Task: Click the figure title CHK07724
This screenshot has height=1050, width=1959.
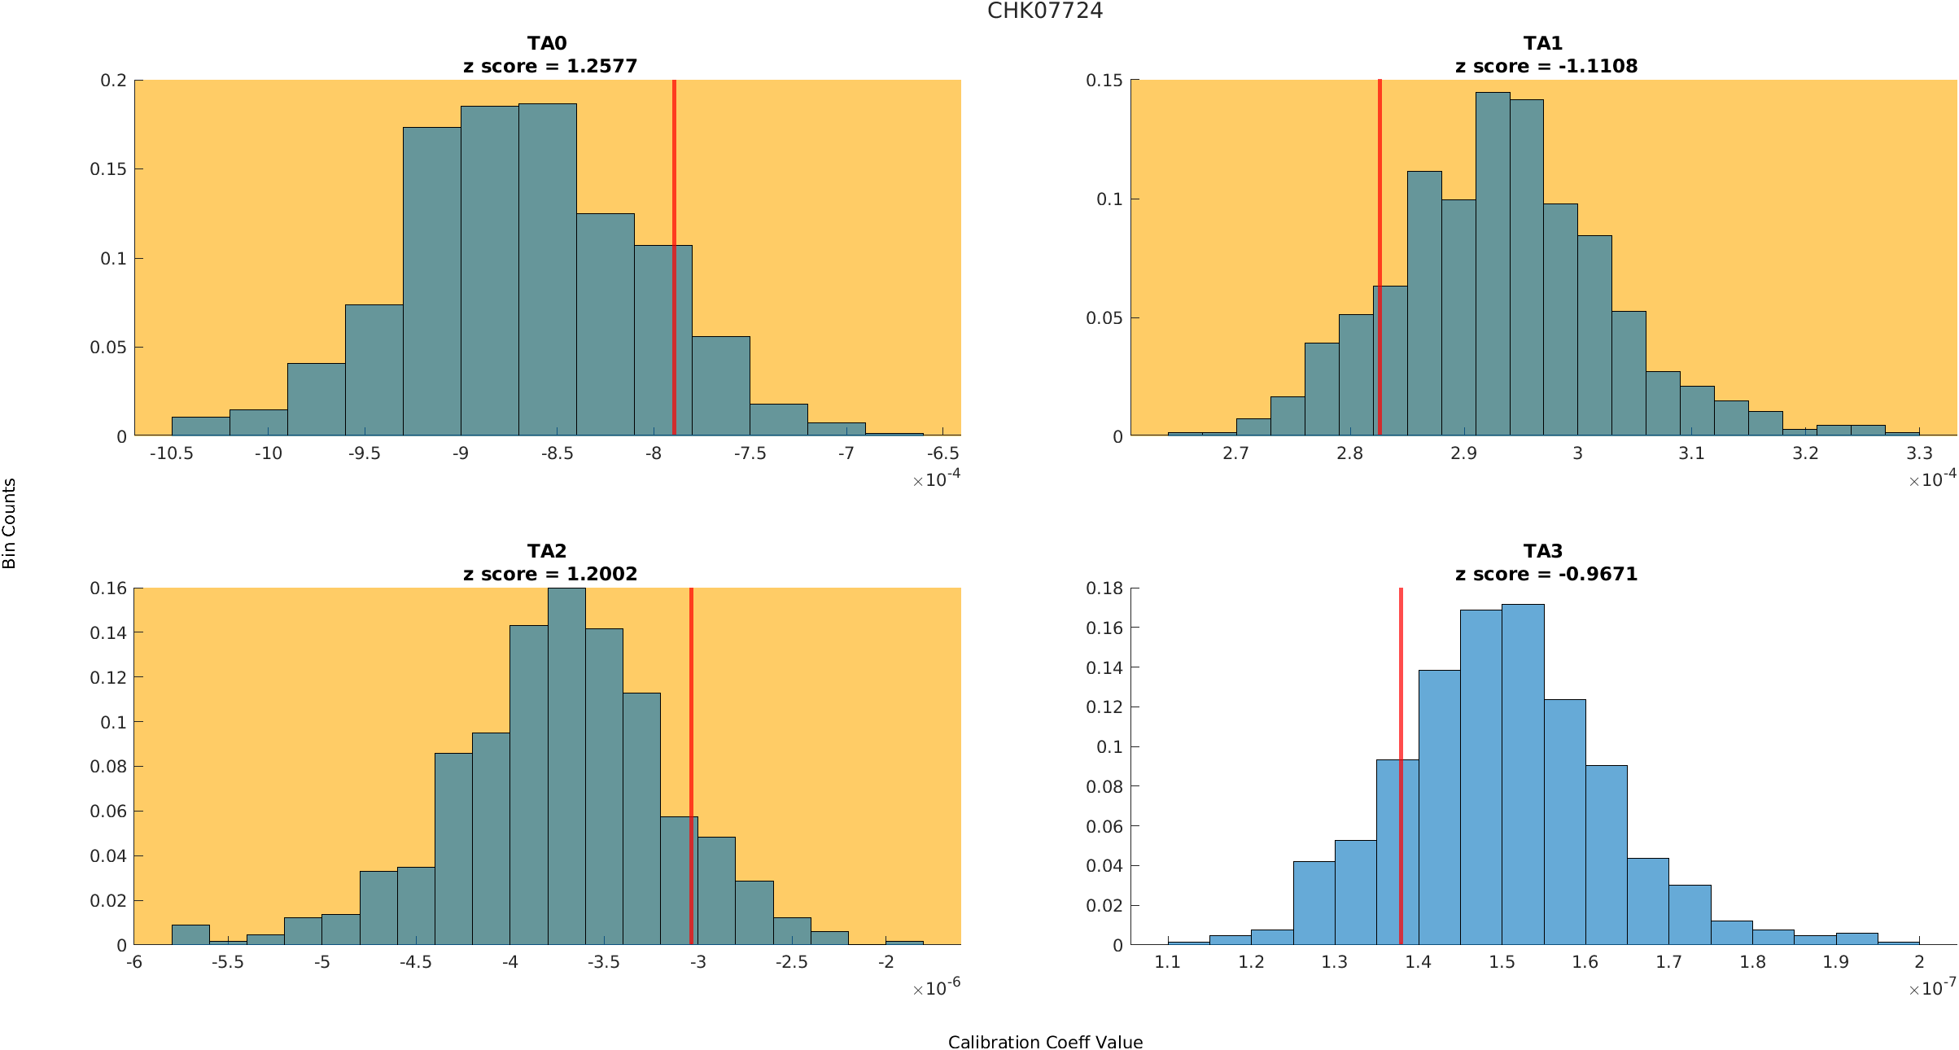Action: click(1044, 11)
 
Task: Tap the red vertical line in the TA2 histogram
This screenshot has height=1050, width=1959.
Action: click(691, 765)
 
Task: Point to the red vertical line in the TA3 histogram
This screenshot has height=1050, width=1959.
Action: click(1401, 765)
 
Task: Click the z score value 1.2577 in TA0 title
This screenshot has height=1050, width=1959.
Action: click(601, 66)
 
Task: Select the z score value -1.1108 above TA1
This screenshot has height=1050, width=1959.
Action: click(1598, 66)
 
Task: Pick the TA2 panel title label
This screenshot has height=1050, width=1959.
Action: click(547, 551)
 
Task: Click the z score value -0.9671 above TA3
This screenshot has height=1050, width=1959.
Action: click(1598, 574)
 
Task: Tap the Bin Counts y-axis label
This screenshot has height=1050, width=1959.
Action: click(10, 523)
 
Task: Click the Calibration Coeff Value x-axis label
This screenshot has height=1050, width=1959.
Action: click(1045, 1042)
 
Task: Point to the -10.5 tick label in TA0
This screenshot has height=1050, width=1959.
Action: click(171, 453)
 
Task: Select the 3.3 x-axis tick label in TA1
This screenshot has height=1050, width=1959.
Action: click(1919, 453)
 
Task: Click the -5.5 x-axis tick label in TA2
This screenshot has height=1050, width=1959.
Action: click(228, 961)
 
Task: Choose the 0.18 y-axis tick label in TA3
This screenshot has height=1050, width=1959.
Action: click(1104, 588)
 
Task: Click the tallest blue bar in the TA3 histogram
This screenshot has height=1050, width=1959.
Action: click(1523, 773)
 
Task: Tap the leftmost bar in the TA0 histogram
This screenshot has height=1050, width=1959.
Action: click(200, 427)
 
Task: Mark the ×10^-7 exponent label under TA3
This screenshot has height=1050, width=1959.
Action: click(1932, 988)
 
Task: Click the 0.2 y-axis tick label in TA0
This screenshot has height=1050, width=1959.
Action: click(114, 80)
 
